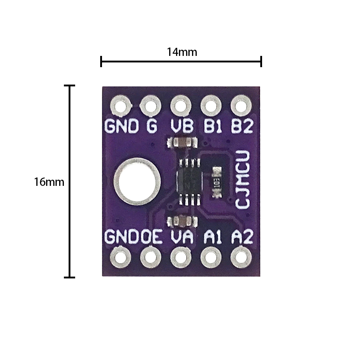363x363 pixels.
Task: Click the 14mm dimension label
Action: [x=182, y=52]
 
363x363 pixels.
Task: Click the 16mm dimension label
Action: [x=49, y=182]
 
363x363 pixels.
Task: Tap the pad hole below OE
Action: [x=151, y=257]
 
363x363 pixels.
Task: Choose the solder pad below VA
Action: [x=180, y=257]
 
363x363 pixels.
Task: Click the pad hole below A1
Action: [x=211, y=257]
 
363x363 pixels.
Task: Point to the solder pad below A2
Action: [x=240, y=257]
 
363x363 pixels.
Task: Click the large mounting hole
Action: [x=136, y=181]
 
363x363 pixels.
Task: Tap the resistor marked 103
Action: [x=216, y=181]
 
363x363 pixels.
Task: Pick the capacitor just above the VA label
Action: [x=181, y=220]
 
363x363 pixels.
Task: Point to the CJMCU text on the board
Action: [x=242, y=180]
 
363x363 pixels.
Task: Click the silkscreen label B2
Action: [x=242, y=126]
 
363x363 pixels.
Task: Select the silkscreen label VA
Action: [x=181, y=237]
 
